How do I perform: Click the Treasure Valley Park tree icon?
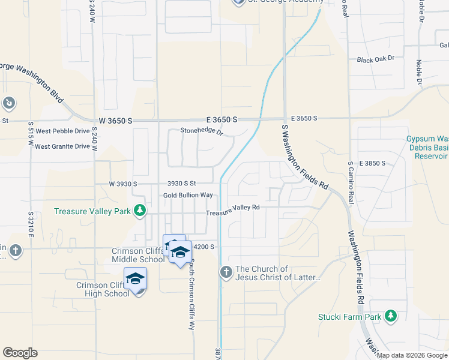(x=140, y=211)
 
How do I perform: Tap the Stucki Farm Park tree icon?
(x=391, y=316)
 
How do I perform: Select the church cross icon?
(x=226, y=273)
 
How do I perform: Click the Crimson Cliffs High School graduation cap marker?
(x=135, y=279)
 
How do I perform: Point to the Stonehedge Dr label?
(x=202, y=131)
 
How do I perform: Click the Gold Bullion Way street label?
(x=188, y=196)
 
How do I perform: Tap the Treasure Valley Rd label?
(x=232, y=208)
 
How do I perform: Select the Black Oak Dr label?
(x=375, y=59)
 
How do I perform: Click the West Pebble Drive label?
(x=62, y=131)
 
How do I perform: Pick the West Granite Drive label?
(x=62, y=146)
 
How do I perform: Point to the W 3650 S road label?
(x=115, y=121)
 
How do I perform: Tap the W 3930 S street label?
(x=123, y=184)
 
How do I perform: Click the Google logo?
(x=20, y=353)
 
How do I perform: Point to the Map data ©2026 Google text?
(x=411, y=355)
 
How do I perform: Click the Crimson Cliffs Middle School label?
(x=138, y=256)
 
